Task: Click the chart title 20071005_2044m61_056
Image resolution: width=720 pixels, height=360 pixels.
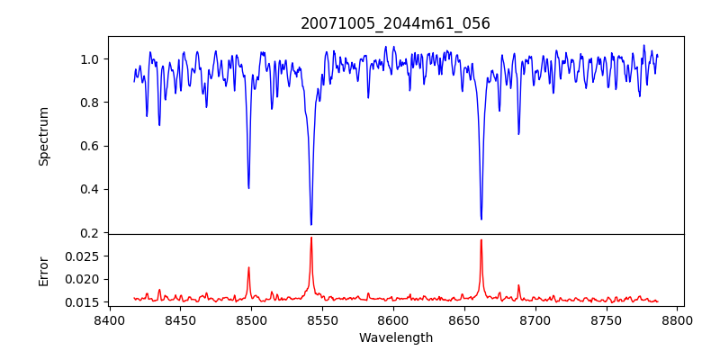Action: coord(395,23)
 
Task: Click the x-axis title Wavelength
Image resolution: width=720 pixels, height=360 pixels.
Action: coord(395,338)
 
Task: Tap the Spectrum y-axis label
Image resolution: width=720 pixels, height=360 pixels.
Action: coord(43,136)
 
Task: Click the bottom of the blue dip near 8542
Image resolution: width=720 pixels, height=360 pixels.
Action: coord(311,224)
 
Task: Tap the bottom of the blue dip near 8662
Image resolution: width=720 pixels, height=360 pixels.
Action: coord(481,219)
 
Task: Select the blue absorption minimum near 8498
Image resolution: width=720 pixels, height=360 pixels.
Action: coord(248,187)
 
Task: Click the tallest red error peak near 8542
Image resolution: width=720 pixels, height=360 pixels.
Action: coord(311,238)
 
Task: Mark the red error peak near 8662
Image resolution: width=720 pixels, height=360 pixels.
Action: coord(481,239)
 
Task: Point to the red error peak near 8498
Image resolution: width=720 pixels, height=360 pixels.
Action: coord(248,267)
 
